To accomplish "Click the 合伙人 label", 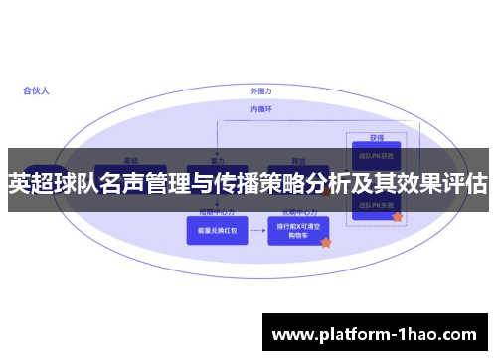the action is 36,90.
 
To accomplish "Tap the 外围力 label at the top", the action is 261,91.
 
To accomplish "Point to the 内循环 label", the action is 261,108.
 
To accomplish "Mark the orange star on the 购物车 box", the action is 325,242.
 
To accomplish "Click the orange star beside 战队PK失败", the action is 398,216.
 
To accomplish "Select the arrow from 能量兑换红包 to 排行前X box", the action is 258,231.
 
